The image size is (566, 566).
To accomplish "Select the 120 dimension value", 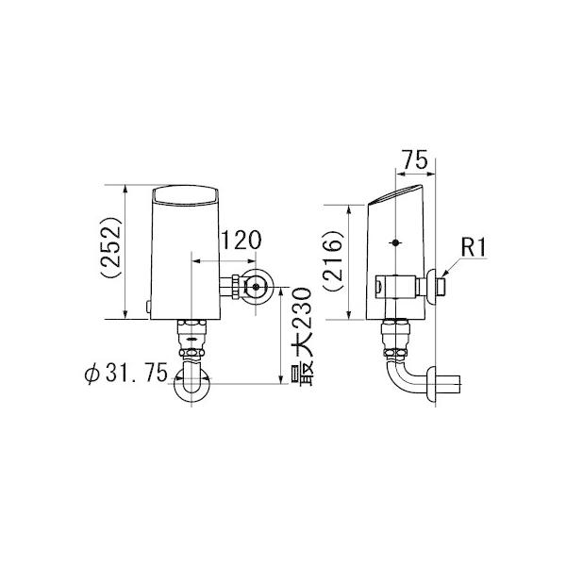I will click(241, 241).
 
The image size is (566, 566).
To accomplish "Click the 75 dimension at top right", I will click(409, 161).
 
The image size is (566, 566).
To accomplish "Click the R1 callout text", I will click(472, 249).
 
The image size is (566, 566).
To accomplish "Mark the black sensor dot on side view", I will click(396, 243).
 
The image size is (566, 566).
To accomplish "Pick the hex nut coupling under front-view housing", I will click(192, 337).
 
